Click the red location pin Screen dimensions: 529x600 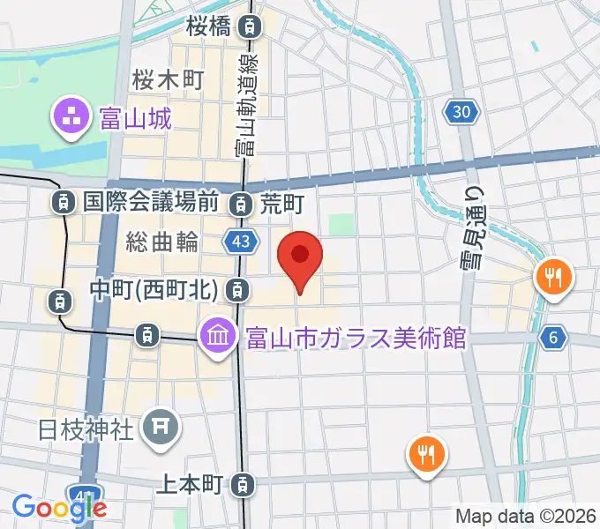300,257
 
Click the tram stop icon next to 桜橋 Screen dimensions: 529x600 252,27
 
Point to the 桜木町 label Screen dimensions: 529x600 168,80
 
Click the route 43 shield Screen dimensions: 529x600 239,241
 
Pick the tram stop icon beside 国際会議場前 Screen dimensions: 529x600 63,203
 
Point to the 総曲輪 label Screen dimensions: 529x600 161,241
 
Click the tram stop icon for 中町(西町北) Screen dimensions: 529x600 236,288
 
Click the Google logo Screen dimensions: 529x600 59,507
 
